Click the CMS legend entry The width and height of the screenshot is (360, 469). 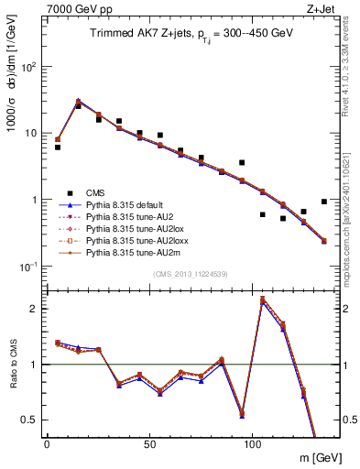click(95, 193)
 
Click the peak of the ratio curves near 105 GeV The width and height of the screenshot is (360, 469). click(262, 299)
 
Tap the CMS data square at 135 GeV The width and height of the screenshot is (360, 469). click(324, 202)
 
